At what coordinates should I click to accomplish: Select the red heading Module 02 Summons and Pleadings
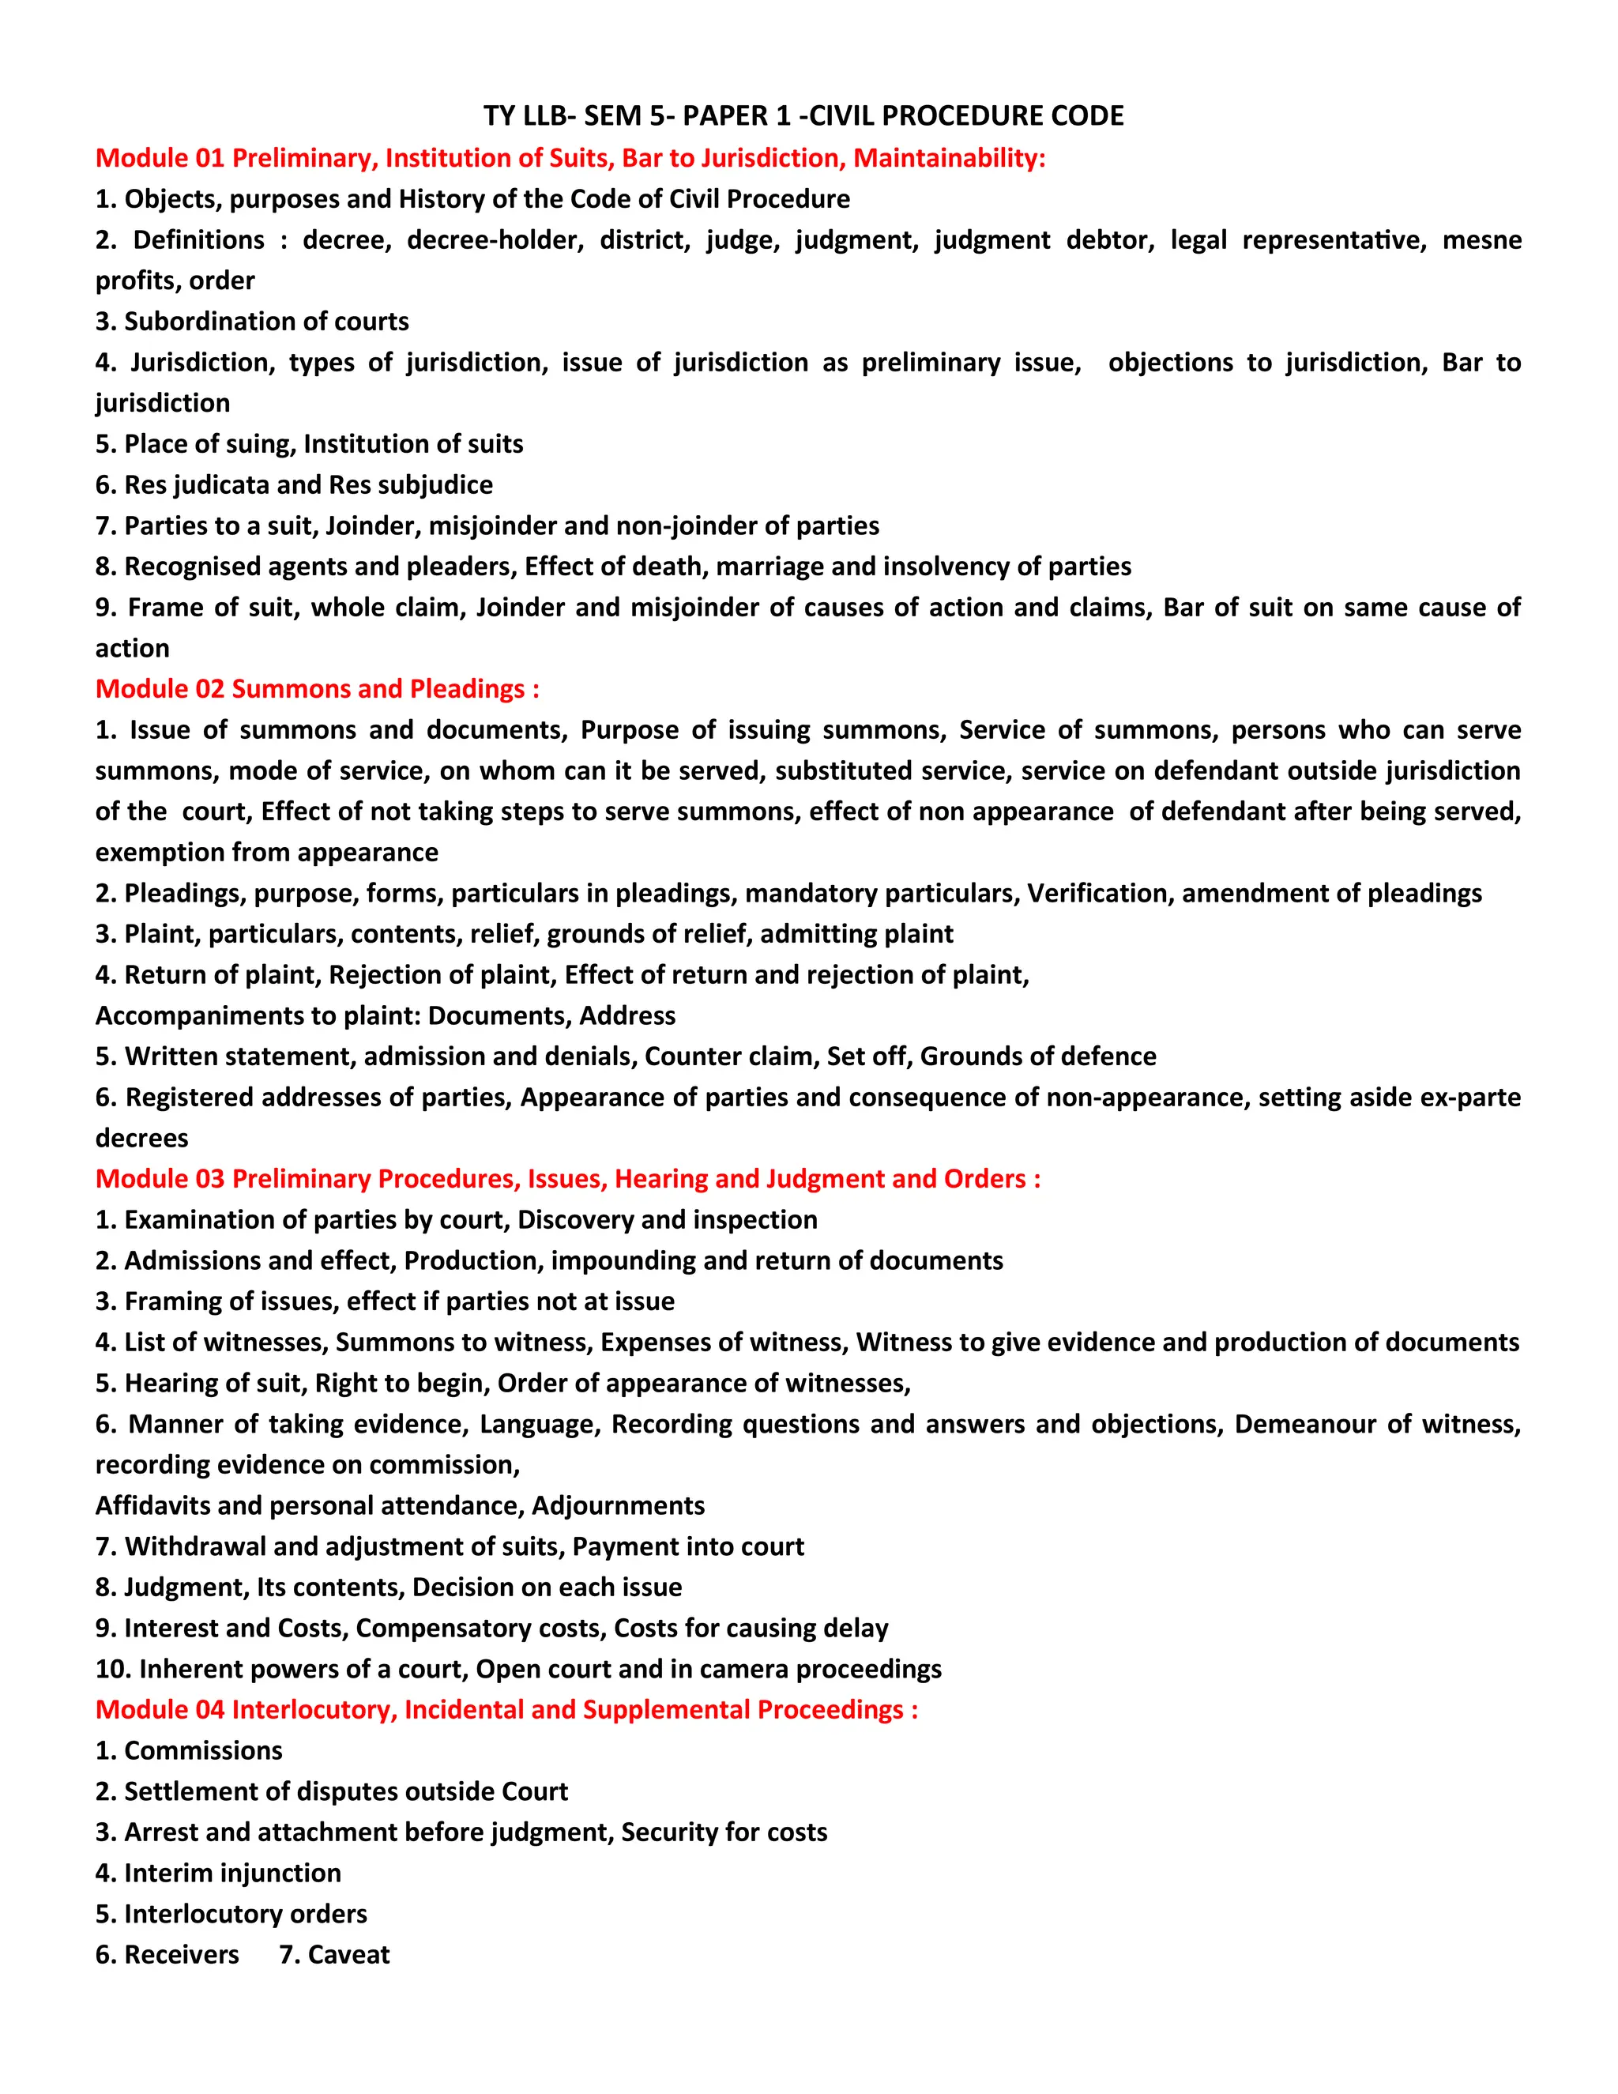click(x=318, y=688)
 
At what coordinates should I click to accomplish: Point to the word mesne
click(x=1481, y=239)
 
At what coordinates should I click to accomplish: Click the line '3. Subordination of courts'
click(x=252, y=321)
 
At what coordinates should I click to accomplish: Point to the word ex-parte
click(x=1469, y=1097)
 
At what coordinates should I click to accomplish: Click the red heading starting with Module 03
click(x=567, y=1178)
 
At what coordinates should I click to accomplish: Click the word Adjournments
click(x=619, y=1505)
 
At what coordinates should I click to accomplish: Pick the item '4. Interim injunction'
click(x=219, y=1873)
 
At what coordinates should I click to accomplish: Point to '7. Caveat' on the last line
click(x=334, y=1954)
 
